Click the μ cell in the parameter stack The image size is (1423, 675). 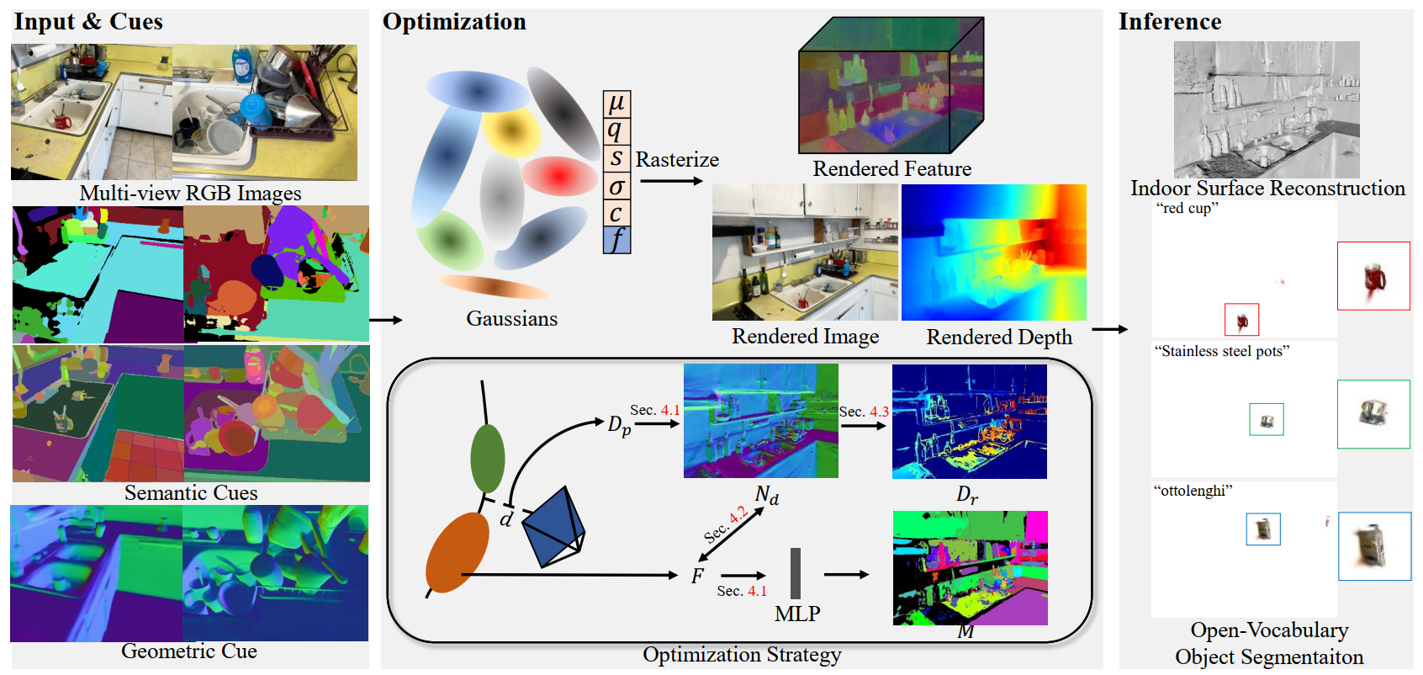pos(616,104)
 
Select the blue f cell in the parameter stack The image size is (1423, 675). pos(616,240)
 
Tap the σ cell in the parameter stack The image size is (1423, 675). pos(616,186)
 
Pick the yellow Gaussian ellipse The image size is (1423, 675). pos(510,131)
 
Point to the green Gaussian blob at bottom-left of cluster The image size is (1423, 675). pos(451,240)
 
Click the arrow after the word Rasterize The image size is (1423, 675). pos(671,181)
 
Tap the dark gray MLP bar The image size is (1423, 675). pos(796,572)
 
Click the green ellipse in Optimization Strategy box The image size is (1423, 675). pos(487,458)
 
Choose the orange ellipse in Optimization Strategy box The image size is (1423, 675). pos(458,552)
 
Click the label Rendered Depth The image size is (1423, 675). pos(998,337)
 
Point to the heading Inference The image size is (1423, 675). pos(1170,22)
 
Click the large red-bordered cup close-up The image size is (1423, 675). pos(1373,276)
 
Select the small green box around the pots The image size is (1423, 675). pos(1266,419)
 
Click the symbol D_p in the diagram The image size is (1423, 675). pos(619,425)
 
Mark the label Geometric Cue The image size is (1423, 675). pos(189,651)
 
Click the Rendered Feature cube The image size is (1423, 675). pos(891,85)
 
